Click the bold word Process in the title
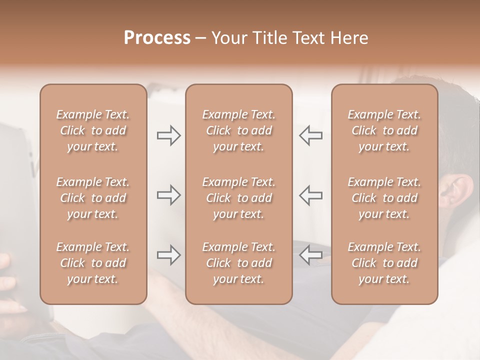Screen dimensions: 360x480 coord(157,38)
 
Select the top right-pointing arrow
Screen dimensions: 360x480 coord(168,136)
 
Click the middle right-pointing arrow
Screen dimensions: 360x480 coord(168,195)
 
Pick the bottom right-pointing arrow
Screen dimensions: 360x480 coord(168,255)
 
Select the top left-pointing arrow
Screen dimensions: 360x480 coord(310,136)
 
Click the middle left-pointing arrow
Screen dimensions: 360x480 coord(310,195)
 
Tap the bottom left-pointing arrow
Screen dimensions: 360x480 coord(310,255)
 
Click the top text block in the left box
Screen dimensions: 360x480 coord(93,130)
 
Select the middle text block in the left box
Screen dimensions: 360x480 coord(93,198)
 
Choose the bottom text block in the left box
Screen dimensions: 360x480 coord(93,263)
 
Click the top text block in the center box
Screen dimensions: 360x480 coord(238,130)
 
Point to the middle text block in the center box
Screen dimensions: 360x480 coord(238,198)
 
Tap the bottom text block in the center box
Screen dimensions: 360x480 coord(238,263)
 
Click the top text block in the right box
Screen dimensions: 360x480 coord(384,130)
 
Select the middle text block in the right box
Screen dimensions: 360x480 coord(384,198)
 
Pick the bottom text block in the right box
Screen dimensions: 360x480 coord(384,263)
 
